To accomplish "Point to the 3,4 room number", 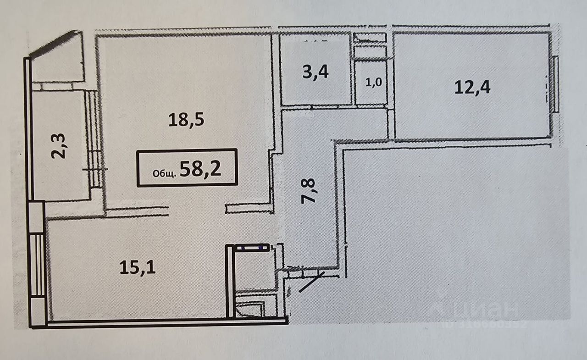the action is (316, 72).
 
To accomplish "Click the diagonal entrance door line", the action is (311, 282).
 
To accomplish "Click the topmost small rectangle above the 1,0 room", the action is (370, 39).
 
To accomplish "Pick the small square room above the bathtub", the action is (254, 270).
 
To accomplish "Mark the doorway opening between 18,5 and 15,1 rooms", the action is (198, 210).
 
